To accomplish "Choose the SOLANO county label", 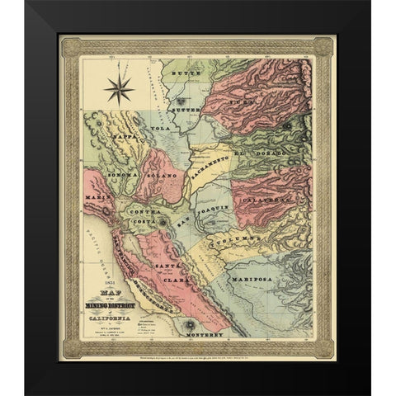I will pos(163,177).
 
